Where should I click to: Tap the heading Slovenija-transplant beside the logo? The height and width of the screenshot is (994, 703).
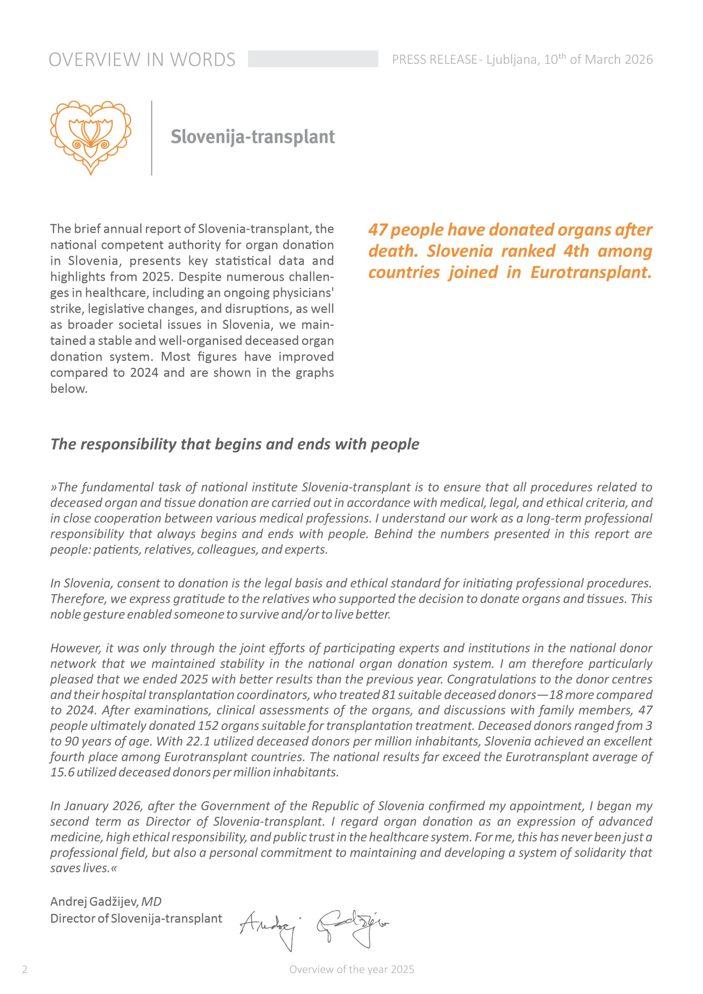click(x=252, y=137)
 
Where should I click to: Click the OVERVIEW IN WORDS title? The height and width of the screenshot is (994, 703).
click(x=142, y=60)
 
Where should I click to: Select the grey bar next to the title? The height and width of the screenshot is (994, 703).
click(x=312, y=59)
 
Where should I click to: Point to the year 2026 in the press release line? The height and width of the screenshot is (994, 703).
click(x=639, y=59)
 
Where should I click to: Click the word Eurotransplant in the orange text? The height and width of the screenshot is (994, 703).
click(x=590, y=272)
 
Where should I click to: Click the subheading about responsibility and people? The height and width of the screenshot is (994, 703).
click(x=234, y=444)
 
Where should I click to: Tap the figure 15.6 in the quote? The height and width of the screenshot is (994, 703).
click(x=61, y=772)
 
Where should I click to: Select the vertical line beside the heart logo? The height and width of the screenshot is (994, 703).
click(x=151, y=138)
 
